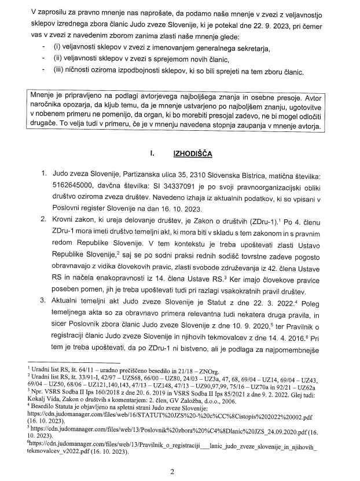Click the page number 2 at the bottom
180,471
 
